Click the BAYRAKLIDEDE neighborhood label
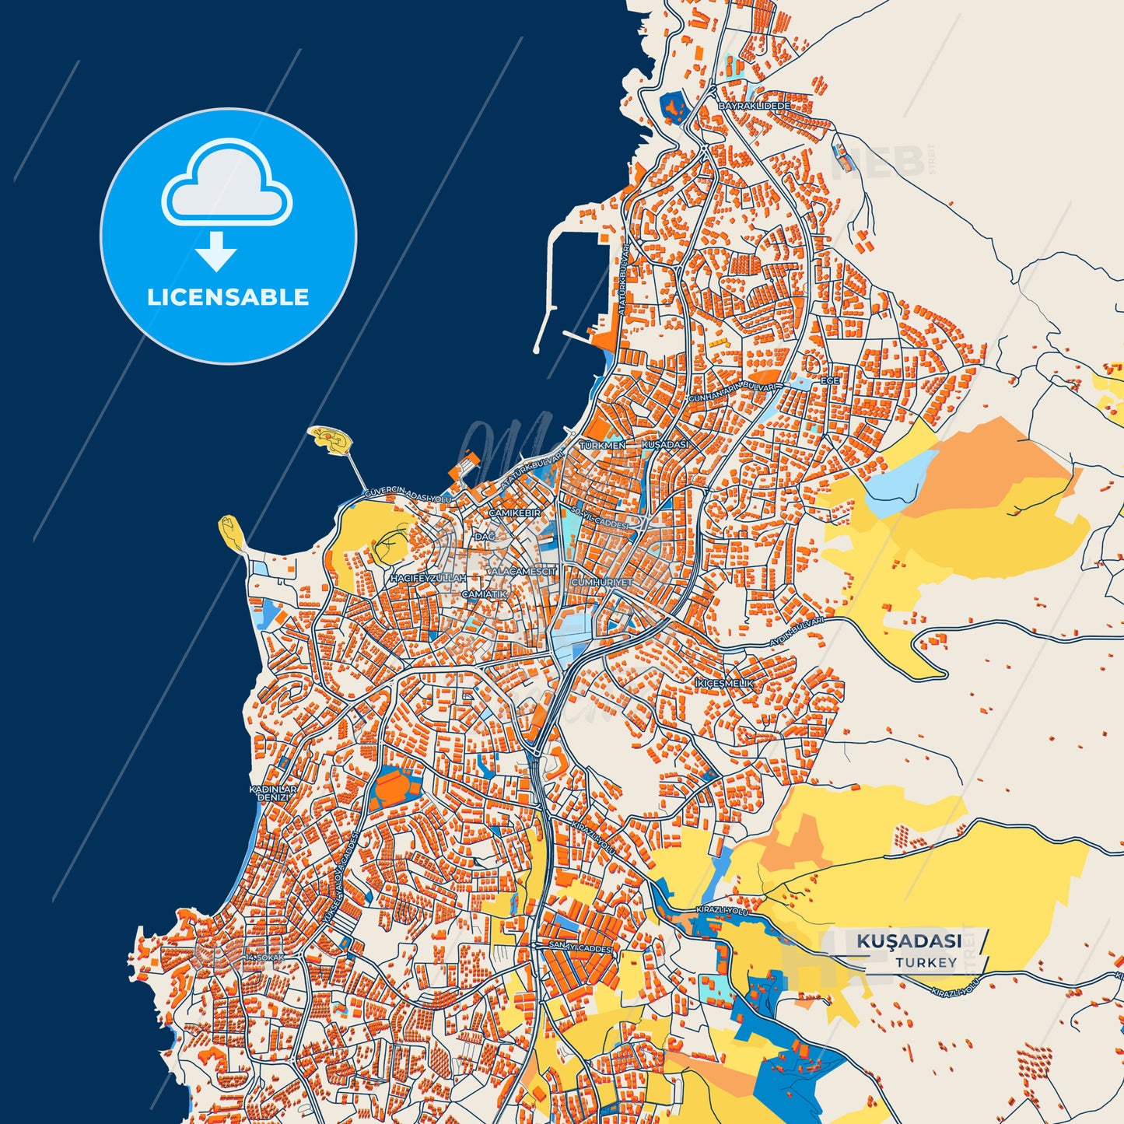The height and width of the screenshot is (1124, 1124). (x=754, y=106)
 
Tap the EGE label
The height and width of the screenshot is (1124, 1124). (x=830, y=381)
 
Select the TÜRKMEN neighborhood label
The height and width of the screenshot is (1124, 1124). (x=602, y=445)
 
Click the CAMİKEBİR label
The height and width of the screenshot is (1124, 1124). (x=514, y=513)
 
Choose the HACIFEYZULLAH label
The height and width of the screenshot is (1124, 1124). (x=428, y=579)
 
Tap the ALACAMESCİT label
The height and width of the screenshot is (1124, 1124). (x=523, y=571)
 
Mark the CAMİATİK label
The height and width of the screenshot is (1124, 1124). (x=484, y=594)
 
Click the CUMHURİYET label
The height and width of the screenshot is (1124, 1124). (x=602, y=582)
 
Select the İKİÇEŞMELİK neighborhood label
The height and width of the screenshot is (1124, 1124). (x=724, y=683)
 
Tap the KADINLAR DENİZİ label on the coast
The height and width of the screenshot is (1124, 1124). (x=273, y=793)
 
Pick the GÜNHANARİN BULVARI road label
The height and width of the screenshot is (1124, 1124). (x=733, y=391)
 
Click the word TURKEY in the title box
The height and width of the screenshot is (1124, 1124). (x=926, y=962)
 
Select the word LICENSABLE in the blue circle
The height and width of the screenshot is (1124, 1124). (x=228, y=297)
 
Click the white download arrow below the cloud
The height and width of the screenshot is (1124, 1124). (x=216, y=250)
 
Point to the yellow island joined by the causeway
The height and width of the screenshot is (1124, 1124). (x=331, y=440)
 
